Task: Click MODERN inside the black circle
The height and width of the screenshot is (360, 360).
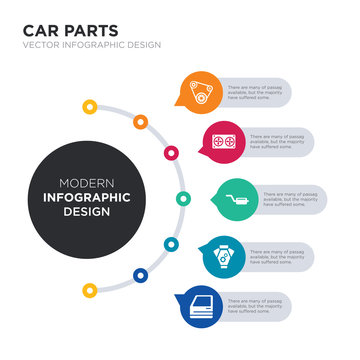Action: (x=80, y=182)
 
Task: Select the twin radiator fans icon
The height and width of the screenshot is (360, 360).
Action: (x=223, y=141)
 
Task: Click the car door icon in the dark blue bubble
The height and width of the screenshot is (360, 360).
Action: (x=199, y=303)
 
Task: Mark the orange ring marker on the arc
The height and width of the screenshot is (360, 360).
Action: (x=141, y=122)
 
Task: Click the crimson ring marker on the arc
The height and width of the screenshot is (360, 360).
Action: (x=171, y=153)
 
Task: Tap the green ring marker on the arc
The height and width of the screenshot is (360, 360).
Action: (x=182, y=198)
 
